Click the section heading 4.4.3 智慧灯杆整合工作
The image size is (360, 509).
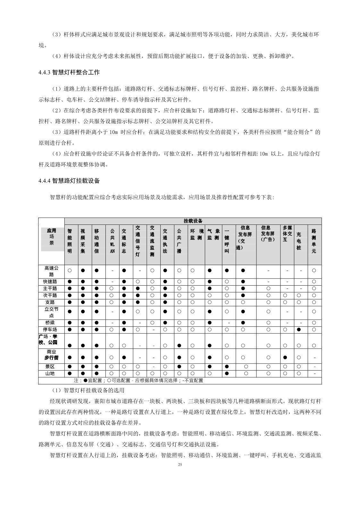tap(69, 72)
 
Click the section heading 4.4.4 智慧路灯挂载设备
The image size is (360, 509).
tap(69, 181)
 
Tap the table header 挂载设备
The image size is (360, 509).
tap(193, 221)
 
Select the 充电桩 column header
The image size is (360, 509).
tap(299, 241)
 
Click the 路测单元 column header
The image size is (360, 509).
tap(314, 241)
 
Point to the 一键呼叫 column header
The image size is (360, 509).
tap(227, 241)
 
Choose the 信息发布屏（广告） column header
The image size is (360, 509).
tap(268, 234)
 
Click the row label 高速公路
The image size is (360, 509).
tap(51, 271)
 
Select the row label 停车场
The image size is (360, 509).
tap(50, 330)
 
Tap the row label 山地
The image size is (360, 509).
tap(50, 373)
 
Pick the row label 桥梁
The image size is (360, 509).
tap(50, 322)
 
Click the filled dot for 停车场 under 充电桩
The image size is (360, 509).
tap(299, 330)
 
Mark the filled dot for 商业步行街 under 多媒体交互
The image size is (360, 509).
tap(285, 357)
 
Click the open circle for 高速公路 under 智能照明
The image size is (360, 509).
tap(70, 271)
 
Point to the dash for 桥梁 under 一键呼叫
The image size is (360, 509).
tap(229, 322)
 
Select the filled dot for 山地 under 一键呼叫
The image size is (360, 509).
tap(227, 373)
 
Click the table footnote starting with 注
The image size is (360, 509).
tap(138, 380)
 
